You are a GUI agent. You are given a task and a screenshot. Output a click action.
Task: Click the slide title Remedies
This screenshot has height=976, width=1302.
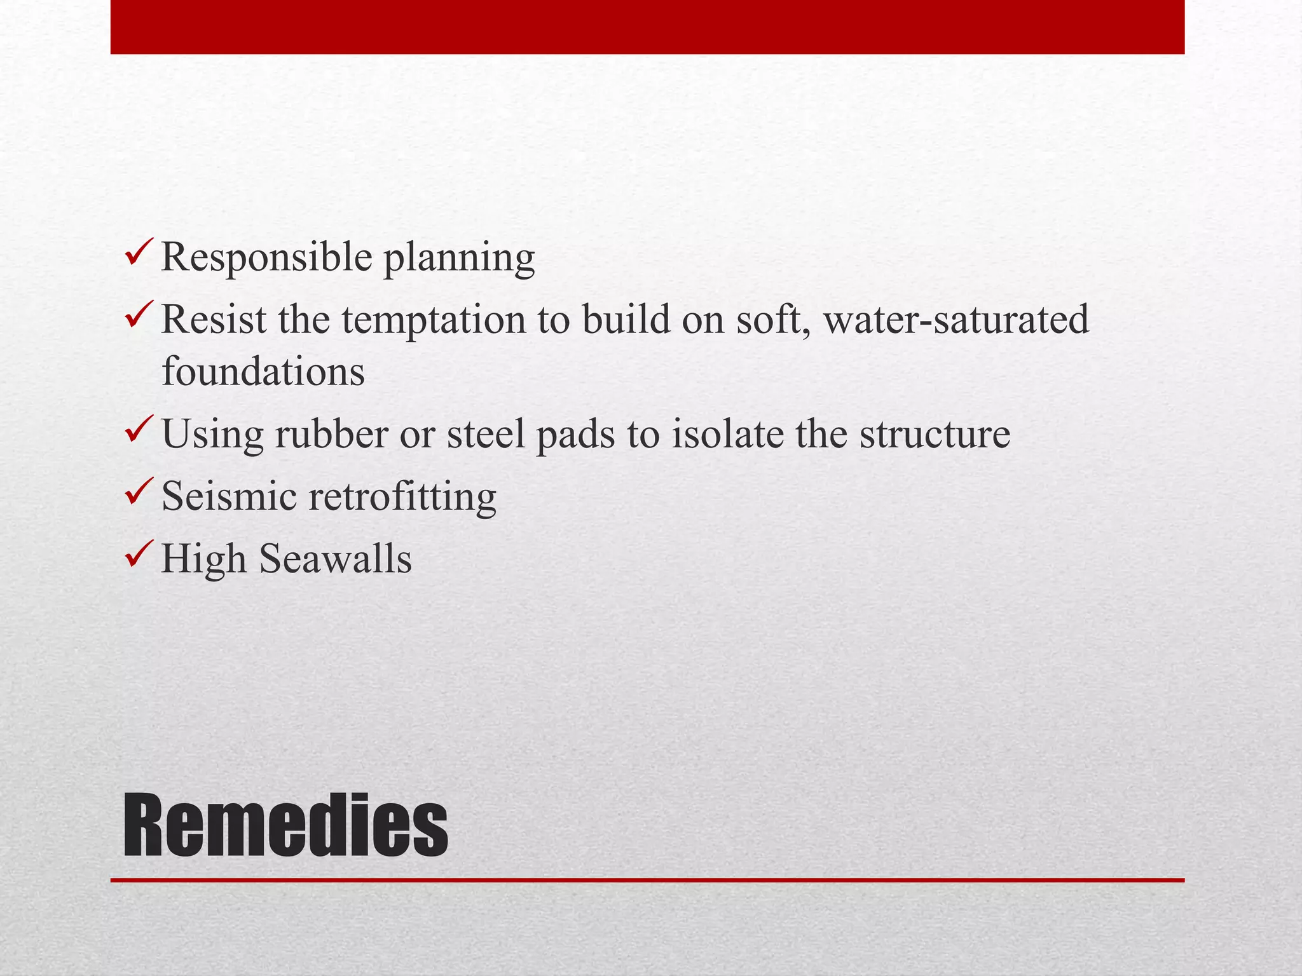[x=285, y=826]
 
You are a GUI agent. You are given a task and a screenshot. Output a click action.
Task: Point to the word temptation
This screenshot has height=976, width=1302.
[x=434, y=320]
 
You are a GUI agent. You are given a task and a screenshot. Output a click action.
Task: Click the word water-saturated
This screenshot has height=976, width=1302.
[x=956, y=320]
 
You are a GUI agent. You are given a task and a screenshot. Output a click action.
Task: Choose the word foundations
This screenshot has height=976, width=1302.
[x=263, y=371]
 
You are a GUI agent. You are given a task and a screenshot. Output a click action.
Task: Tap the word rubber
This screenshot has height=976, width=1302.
[x=332, y=434]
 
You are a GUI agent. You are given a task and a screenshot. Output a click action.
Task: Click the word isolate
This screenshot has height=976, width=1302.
[x=727, y=434]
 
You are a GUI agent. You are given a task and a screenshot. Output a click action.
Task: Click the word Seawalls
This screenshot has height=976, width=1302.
[x=336, y=559]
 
